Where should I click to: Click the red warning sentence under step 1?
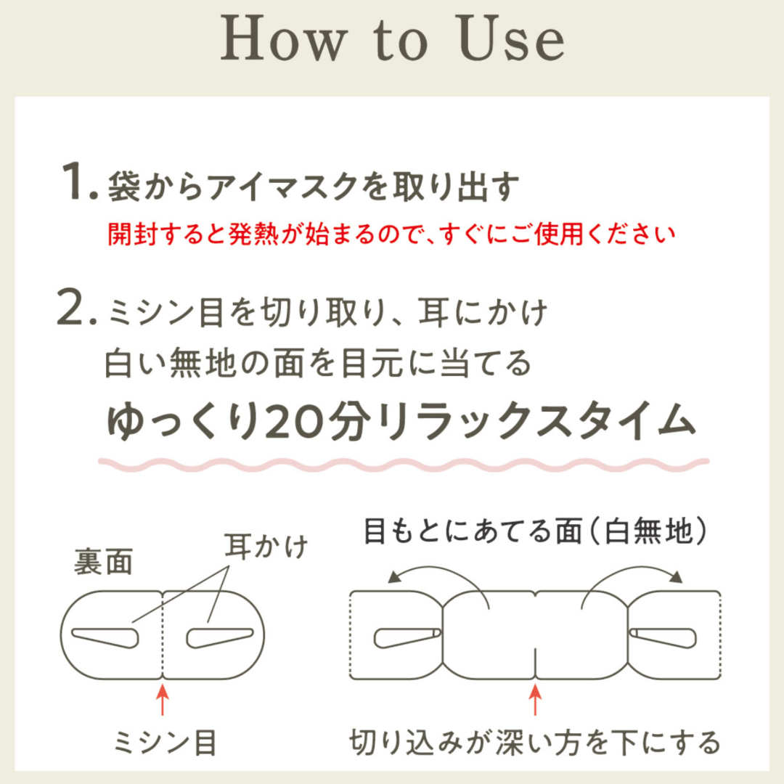point(391,234)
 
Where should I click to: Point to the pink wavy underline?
point(404,465)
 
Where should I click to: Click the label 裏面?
point(104,561)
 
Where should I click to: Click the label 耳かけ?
point(266,545)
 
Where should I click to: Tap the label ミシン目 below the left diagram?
point(165,743)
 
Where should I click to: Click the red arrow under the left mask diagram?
point(162,701)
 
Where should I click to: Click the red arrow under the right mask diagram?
point(536,700)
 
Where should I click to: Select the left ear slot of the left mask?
point(106,637)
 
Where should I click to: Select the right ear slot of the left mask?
point(219,637)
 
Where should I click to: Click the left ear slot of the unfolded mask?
point(407,637)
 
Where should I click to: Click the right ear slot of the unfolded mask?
point(663,637)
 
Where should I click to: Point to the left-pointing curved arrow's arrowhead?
point(394,577)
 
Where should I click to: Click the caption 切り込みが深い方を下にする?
point(535,743)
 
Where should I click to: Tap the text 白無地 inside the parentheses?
point(648,531)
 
